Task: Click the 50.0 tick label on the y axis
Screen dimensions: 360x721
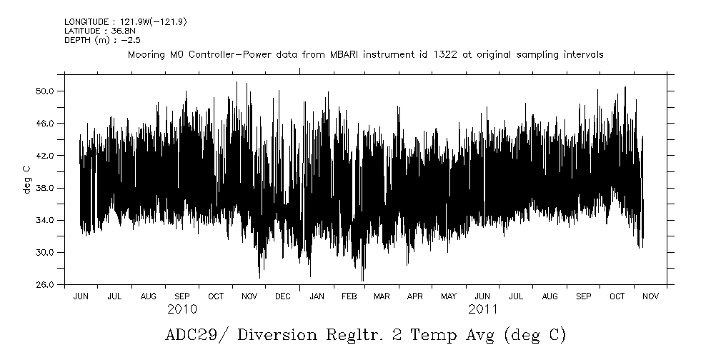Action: click(46, 91)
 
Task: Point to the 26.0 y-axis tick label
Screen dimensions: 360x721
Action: click(46, 284)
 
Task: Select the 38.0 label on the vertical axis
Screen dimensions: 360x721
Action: click(46, 188)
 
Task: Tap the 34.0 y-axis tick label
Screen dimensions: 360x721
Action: click(46, 220)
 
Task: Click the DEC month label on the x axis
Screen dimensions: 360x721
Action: click(282, 296)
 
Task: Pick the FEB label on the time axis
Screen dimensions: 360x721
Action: click(349, 296)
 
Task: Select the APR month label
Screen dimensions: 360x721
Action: click(415, 296)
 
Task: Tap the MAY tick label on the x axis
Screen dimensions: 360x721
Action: click(449, 296)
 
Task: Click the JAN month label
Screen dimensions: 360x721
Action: click(316, 296)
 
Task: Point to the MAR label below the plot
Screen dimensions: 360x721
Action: click(382, 296)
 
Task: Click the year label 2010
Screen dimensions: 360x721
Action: click(182, 310)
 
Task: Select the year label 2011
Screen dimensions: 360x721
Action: click(483, 310)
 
